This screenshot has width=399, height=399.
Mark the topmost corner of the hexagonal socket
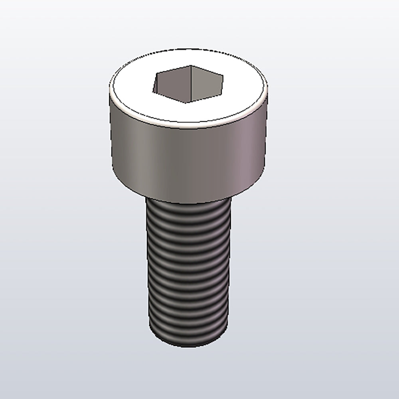(x=191, y=65)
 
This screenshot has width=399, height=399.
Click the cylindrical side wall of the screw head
(x=188, y=160)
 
